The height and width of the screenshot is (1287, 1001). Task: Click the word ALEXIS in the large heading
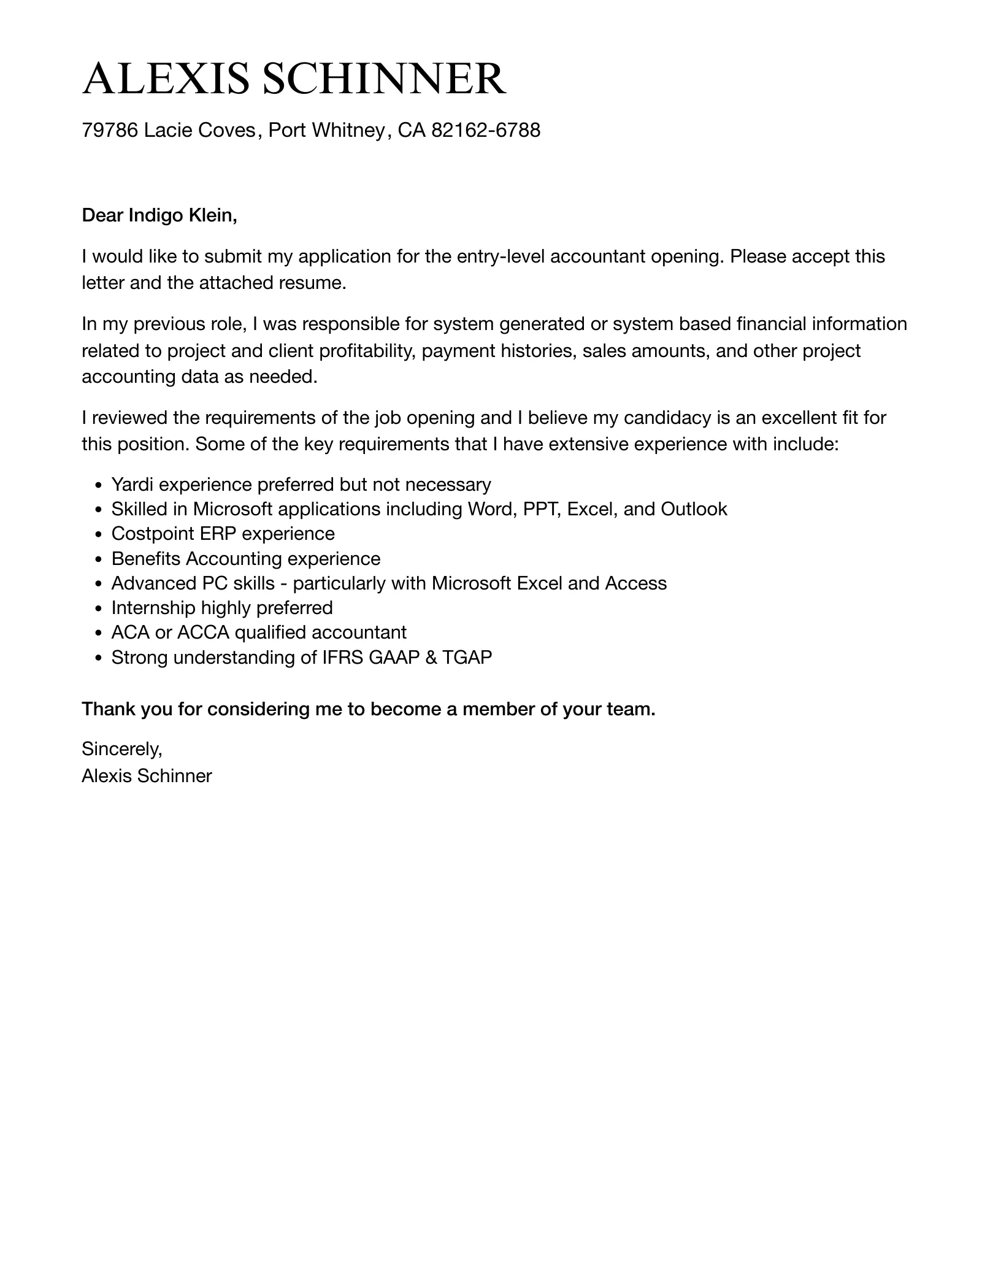pos(166,79)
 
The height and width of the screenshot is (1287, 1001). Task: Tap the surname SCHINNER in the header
pos(384,79)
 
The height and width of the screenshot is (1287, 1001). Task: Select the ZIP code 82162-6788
pos(486,130)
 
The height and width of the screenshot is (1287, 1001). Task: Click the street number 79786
pos(110,130)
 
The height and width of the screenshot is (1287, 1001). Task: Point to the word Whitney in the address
pos(349,130)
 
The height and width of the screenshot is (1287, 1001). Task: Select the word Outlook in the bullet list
pos(694,509)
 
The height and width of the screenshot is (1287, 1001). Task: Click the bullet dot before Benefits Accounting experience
pos(99,559)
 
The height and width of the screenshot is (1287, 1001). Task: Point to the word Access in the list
pos(636,583)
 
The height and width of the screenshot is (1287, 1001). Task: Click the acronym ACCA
pos(203,632)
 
